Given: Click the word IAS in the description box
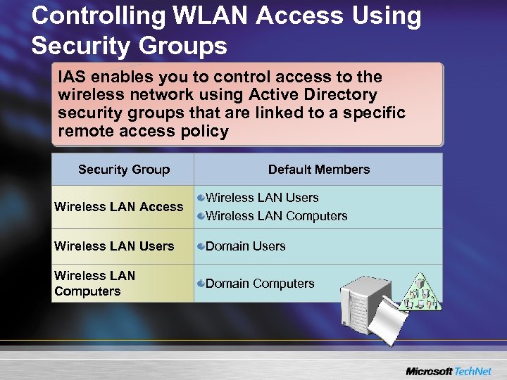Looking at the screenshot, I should click(71, 77).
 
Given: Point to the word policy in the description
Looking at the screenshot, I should click(204, 131).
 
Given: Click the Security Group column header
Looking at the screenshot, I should click(124, 170).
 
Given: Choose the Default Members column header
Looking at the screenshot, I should click(318, 170).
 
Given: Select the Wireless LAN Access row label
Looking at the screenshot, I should click(118, 207).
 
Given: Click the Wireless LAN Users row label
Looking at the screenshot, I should click(114, 246).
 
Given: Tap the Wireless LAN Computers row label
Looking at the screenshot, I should click(94, 283).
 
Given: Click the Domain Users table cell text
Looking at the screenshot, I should click(245, 246).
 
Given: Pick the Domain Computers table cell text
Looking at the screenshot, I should click(260, 284).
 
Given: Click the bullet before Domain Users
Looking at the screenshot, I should click(201, 246).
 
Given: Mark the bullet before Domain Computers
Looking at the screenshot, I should click(201, 284).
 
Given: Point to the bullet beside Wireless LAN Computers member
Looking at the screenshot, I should click(201, 216).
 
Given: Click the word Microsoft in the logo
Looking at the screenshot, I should click(429, 371).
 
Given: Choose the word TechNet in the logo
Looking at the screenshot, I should click(474, 371).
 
